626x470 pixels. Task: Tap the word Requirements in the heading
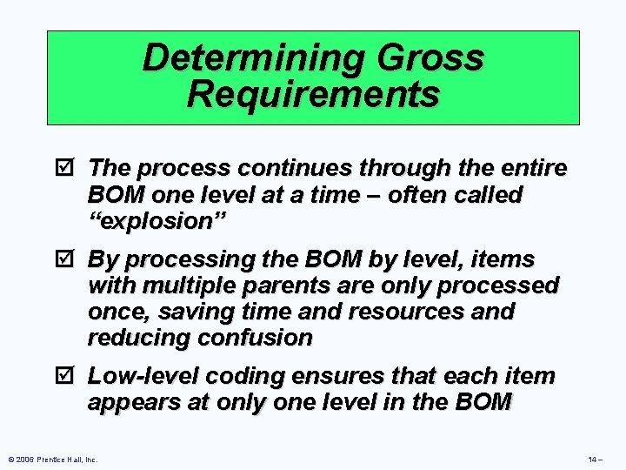tap(313, 93)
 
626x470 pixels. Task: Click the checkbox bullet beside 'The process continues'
tap(72, 168)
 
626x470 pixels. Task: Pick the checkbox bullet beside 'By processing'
tap(72, 259)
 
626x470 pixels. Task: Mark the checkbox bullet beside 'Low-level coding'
tap(72, 376)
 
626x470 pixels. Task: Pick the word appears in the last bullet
tap(132, 402)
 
